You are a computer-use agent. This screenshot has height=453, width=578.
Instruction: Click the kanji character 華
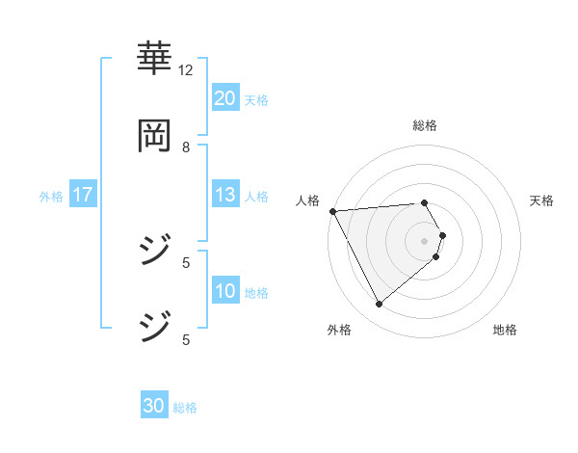click(154, 59)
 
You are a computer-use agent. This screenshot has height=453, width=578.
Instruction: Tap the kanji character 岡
click(154, 136)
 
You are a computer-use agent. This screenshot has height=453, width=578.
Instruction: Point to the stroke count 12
click(186, 70)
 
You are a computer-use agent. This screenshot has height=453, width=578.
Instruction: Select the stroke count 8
click(186, 147)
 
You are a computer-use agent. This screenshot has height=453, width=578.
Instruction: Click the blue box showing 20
click(224, 97)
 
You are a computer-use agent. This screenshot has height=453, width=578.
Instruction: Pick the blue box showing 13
click(224, 195)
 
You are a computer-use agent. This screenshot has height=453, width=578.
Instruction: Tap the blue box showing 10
click(224, 291)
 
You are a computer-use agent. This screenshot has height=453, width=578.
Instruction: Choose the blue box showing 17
click(83, 195)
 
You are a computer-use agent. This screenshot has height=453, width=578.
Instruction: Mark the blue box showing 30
click(154, 406)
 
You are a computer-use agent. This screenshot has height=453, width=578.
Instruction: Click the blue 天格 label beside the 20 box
click(256, 99)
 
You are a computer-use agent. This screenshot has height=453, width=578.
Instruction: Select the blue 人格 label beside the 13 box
click(256, 197)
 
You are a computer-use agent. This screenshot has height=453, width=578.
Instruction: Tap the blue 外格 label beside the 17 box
click(51, 197)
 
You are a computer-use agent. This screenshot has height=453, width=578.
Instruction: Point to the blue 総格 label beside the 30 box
click(185, 408)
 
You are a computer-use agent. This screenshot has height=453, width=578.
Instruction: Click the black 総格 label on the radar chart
click(425, 125)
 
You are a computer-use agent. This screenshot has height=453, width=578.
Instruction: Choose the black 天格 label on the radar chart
click(542, 200)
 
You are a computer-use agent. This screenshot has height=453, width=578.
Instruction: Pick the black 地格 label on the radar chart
click(505, 331)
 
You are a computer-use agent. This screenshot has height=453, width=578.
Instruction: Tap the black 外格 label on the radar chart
click(339, 331)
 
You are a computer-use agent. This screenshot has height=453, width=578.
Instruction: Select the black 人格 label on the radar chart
click(306, 200)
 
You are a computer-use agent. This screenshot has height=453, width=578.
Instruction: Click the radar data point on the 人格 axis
click(332, 211)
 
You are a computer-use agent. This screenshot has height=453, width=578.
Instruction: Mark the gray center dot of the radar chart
click(425, 240)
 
